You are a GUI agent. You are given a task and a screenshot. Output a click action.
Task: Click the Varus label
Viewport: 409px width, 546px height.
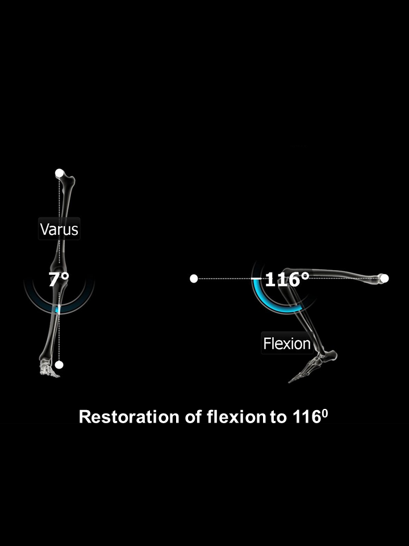click(59, 229)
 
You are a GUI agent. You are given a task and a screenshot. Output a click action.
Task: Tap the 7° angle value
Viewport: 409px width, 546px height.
click(59, 280)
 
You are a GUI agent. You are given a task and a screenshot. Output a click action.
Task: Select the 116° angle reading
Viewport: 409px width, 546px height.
click(286, 279)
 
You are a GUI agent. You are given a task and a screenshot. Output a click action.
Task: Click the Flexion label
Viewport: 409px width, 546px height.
click(286, 344)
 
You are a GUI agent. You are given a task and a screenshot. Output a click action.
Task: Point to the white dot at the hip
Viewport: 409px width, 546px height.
click(60, 173)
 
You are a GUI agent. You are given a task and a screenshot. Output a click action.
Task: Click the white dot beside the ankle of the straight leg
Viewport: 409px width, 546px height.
click(59, 365)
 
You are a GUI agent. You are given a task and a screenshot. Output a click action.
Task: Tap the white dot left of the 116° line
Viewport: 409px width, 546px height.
click(194, 279)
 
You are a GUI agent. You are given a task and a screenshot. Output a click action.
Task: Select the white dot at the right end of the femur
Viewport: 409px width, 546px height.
click(384, 278)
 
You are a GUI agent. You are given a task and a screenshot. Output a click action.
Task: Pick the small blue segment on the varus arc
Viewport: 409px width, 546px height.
click(58, 309)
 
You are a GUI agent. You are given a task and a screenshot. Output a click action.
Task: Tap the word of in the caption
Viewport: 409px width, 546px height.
click(193, 416)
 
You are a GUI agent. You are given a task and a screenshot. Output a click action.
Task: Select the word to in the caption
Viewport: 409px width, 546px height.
click(278, 417)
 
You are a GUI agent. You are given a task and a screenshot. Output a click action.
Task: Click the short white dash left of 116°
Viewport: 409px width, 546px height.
click(257, 279)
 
